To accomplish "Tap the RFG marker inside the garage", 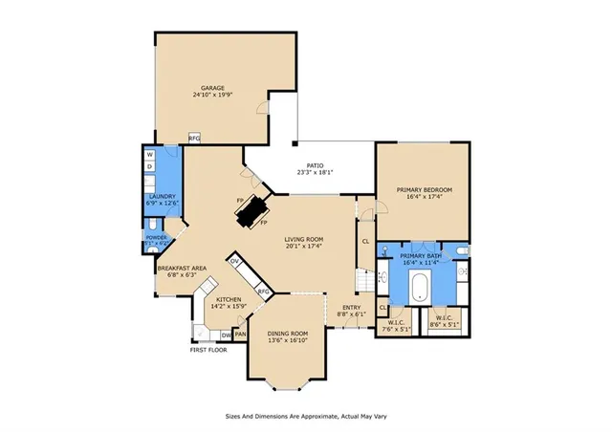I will (x=194, y=139).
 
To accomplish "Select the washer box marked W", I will (x=150, y=154).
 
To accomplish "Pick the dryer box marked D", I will (x=150, y=166).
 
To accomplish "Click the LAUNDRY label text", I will (x=160, y=196).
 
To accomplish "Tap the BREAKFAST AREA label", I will (x=182, y=268).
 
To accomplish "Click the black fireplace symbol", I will (x=252, y=210).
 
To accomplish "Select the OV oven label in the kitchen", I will (x=234, y=260).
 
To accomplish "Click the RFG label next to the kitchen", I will (x=265, y=292).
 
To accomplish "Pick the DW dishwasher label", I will (x=226, y=335).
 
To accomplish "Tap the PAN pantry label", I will (x=241, y=335).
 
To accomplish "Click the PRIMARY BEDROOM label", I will (x=424, y=190).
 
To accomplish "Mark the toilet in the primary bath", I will (x=461, y=250).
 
